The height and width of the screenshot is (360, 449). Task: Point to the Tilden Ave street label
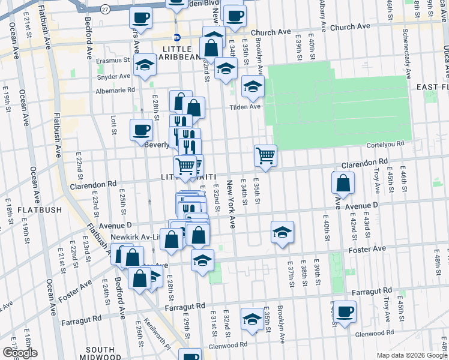coord(247,107)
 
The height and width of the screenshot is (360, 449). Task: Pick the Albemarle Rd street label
coord(116,90)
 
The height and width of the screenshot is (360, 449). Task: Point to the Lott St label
coord(113,125)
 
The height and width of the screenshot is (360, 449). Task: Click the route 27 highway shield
coord(105,9)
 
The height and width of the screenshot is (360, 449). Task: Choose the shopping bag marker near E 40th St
coord(342,182)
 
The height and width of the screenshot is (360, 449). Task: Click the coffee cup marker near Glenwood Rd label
coord(345,311)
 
